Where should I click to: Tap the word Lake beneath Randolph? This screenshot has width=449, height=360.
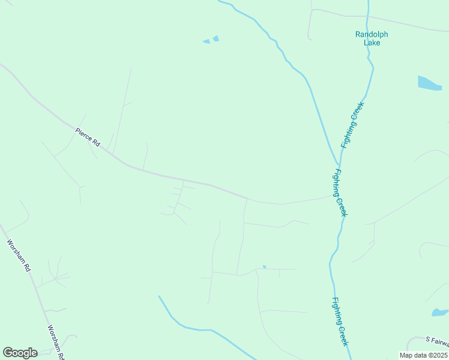(x=372, y=43)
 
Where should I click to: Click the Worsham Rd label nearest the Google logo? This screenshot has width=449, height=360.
(x=56, y=342)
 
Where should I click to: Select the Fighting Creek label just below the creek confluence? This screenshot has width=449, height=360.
(x=340, y=193)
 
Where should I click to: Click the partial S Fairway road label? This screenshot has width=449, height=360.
(x=436, y=341)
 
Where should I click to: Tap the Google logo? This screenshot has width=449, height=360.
(x=20, y=353)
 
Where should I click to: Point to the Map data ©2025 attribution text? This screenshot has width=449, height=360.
(x=423, y=355)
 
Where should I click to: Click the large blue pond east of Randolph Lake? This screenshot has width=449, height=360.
(x=429, y=83)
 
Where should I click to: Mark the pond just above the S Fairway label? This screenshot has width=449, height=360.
(x=440, y=312)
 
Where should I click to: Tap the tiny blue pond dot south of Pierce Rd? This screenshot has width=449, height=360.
(x=264, y=266)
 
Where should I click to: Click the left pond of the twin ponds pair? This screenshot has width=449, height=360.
(x=206, y=41)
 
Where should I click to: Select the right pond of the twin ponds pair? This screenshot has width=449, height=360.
(x=215, y=38)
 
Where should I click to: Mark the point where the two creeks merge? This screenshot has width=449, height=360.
(x=338, y=163)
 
